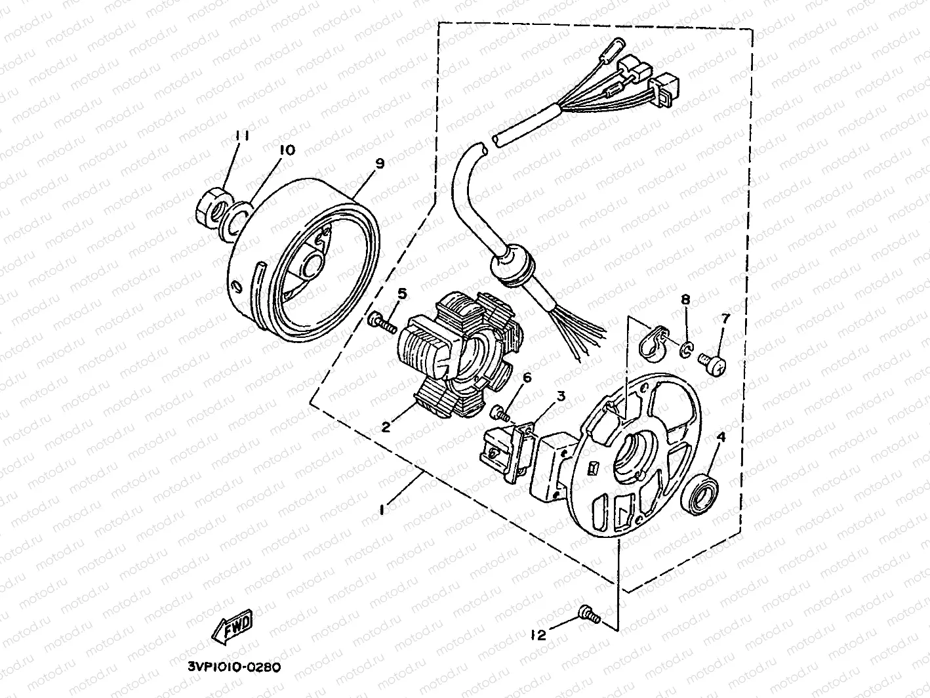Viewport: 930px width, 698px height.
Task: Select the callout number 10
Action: tap(286, 150)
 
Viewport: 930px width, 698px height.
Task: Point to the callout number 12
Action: tap(539, 634)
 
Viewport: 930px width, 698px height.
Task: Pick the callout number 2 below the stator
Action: tap(386, 427)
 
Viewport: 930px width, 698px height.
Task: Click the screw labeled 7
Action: tap(713, 363)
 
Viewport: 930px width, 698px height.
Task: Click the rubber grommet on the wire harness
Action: tap(512, 270)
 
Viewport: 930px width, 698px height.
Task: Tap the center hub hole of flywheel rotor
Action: tap(310, 268)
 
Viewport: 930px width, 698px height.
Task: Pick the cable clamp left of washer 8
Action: tap(653, 343)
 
